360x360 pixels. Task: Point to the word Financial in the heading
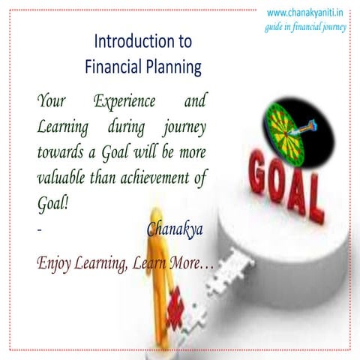pos(107,67)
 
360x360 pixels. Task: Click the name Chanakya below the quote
pos(175,229)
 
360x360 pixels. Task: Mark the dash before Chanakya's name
pos(40,230)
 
